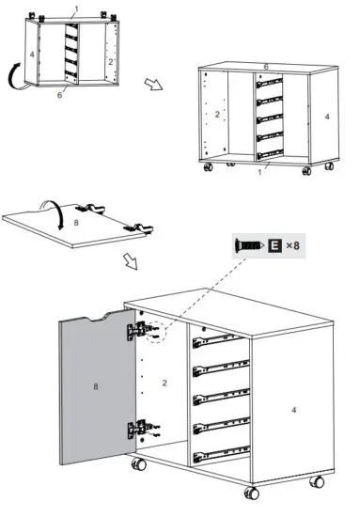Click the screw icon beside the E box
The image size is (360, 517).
[x=248, y=245]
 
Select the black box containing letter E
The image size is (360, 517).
[x=274, y=245]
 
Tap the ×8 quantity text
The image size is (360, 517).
[x=294, y=245]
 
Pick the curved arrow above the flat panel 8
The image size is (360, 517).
[x=50, y=204]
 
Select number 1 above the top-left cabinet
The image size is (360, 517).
[x=77, y=8]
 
